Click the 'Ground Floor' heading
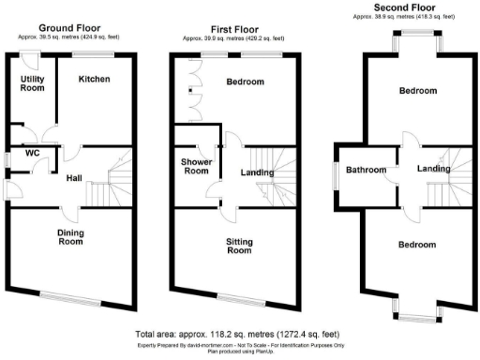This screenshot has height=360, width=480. pos(71,29)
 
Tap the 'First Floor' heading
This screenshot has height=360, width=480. pos(232,29)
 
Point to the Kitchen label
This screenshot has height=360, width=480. pos(94,80)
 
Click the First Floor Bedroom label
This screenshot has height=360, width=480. pos(246,82)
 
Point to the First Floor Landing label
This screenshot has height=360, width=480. pos(257,172)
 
